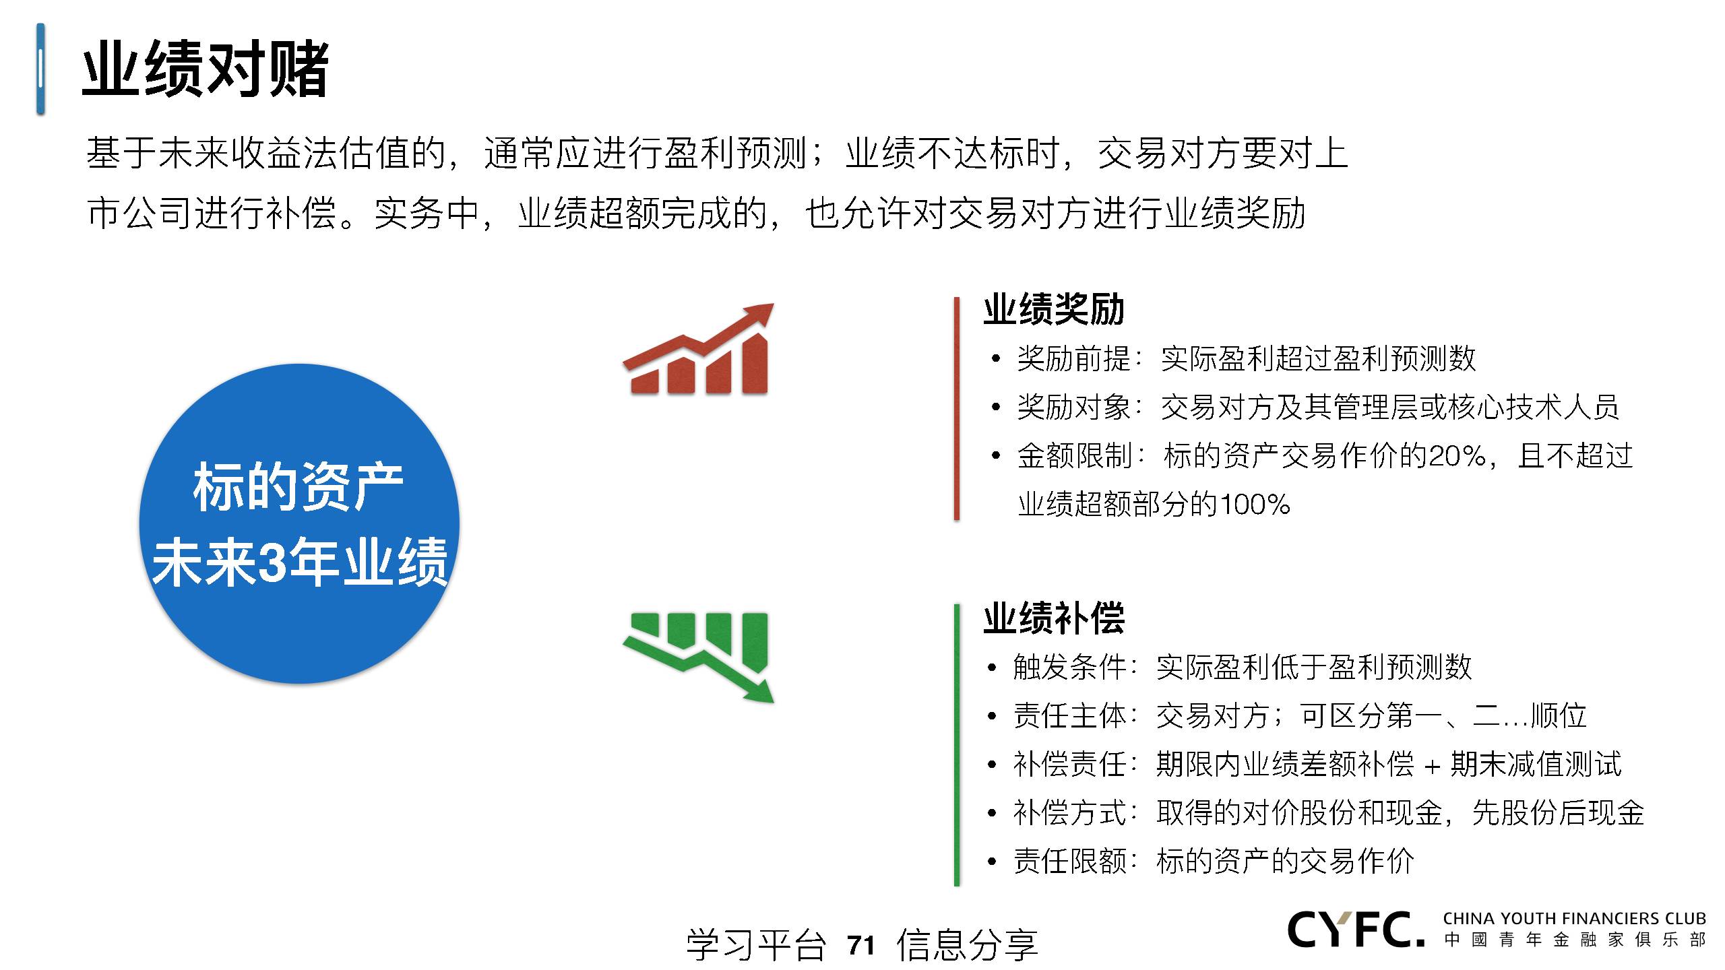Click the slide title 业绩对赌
(x=206, y=69)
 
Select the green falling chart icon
(x=698, y=657)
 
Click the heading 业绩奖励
(x=1054, y=310)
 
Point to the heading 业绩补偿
(x=1054, y=618)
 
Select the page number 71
(x=861, y=945)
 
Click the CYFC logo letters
(x=1356, y=930)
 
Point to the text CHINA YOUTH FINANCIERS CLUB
(x=1574, y=919)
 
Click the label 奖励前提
(x=1074, y=359)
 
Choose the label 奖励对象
(x=1074, y=408)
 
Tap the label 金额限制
(x=1074, y=457)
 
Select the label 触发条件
(x=1070, y=668)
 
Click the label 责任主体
(x=1070, y=716)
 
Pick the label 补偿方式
(x=1070, y=813)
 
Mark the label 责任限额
(x=1070, y=862)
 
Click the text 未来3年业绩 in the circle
(x=300, y=562)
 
